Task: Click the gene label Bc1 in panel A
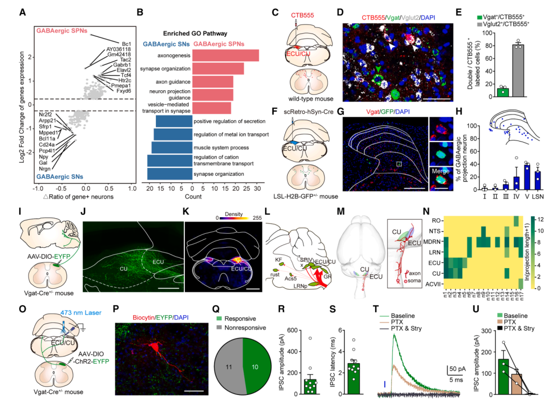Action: click(x=126, y=43)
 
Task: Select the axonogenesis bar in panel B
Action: click(x=226, y=55)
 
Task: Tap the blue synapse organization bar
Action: click(x=170, y=175)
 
